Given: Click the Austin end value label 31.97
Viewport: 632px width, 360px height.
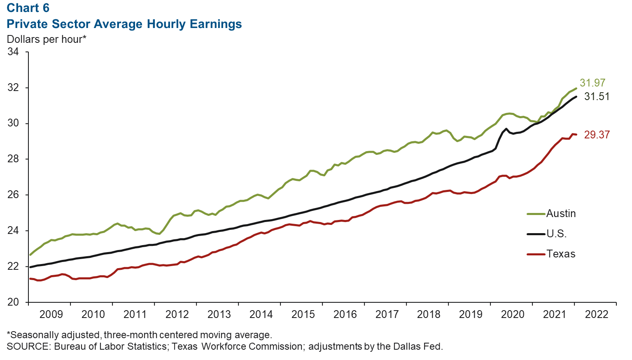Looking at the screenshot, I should coord(592,83).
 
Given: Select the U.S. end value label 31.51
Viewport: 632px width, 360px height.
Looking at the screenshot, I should coord(597,97).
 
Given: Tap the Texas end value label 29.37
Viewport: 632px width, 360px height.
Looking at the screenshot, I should coord(597,135).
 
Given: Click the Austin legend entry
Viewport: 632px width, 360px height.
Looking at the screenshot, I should coord(561,213).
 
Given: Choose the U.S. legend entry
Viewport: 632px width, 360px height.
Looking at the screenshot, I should coord(556,234).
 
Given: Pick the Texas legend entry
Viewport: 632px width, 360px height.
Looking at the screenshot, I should coord(561,254).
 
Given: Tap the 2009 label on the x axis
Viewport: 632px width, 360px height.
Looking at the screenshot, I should coord(51,314).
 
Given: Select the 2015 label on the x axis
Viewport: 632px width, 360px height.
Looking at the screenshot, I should coord(303,314).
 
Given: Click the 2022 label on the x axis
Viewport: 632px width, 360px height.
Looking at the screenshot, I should coord(597,314).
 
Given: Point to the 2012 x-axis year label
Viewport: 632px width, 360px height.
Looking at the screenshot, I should coord(177,314).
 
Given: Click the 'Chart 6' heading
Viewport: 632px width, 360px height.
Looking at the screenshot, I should coord(28,8).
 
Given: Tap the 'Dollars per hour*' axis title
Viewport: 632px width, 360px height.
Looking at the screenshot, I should coord(47,40).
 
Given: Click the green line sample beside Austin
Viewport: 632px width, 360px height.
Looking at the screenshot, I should coord(536,214).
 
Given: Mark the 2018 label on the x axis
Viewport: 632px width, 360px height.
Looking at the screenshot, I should coord(429,314).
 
